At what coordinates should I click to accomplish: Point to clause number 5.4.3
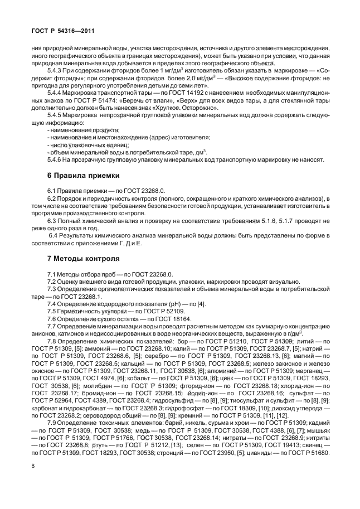tap(56, 71)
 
